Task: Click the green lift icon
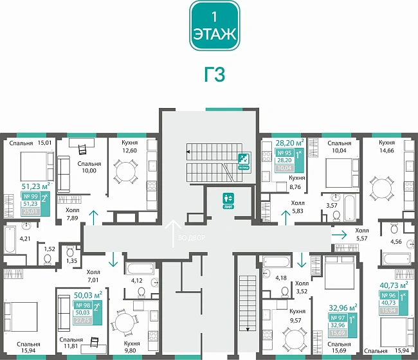pos(226,199)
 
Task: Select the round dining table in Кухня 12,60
pos(125,171)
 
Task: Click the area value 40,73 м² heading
pos(394,284)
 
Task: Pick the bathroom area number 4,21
pos(24,239)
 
